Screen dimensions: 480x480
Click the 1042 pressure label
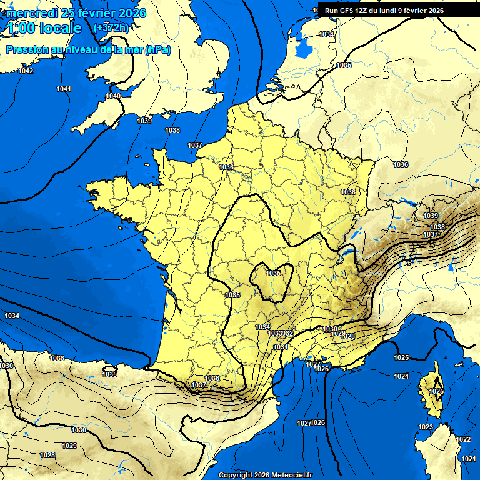click(26, 71)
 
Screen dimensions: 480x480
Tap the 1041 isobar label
click(64, 89)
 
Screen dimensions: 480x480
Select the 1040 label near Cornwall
click(113, 96)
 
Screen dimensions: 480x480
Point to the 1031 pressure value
click(281, 347)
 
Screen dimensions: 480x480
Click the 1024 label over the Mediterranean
click(401, 376)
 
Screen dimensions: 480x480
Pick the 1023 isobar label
click(426, 427)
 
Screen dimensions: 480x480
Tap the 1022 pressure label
click(463, 439)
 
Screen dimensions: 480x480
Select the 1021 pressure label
click(468, 459)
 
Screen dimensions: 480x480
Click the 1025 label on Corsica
click(436, 391)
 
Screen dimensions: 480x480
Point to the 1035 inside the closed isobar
click(273, 273)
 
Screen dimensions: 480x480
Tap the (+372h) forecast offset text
click(111, 27)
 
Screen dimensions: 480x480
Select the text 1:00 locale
click(44, 28)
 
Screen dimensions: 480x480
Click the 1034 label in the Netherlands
click(326, 34)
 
